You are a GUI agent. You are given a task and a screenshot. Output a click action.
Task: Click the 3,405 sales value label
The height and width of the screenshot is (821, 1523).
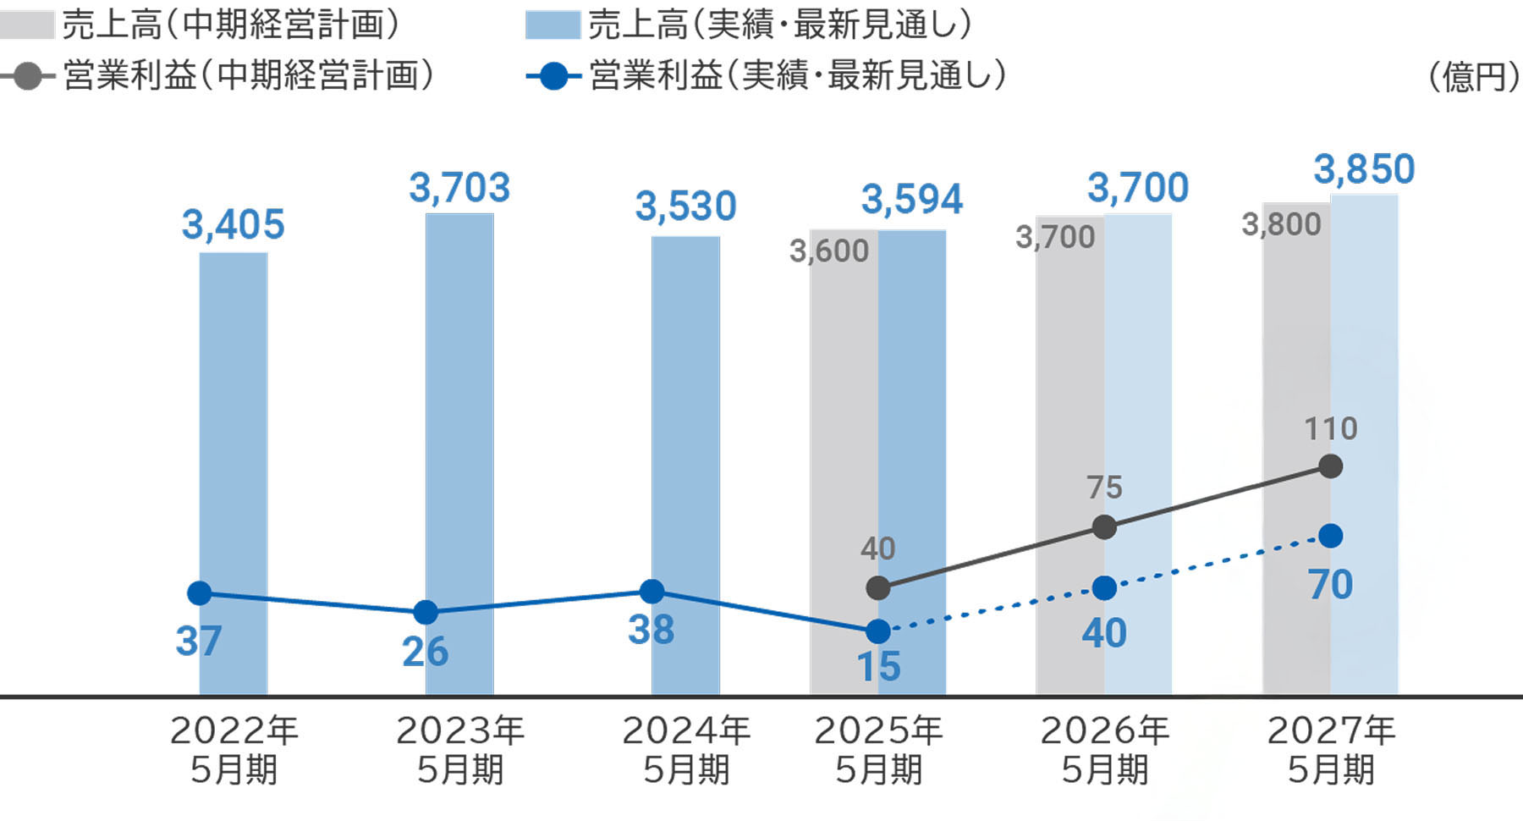click(x=233, y=225)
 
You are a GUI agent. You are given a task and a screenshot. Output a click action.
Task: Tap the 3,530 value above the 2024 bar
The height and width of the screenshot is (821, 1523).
click(x=685, y=207)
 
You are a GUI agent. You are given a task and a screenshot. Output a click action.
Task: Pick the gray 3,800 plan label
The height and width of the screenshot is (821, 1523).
click(x=1281, y=225)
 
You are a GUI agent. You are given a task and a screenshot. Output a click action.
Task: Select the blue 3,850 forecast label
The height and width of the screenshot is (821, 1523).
click(x=1364, y=169)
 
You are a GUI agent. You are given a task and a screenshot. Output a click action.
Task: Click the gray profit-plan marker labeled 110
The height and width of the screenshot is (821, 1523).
click(x=1331, y=466)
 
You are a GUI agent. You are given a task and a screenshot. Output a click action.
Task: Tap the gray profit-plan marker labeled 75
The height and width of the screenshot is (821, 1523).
click(x=1104, y=527)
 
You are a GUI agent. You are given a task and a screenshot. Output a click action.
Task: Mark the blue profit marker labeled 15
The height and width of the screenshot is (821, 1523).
click(x=878, y=631)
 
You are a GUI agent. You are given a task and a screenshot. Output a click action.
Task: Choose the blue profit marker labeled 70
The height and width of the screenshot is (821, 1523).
click(x=1331, y=536)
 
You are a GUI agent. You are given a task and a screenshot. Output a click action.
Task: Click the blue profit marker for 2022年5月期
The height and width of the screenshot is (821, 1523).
click(x=200, y=593)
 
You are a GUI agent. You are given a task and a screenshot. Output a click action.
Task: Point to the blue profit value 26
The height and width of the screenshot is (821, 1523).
click(x=425, y=652)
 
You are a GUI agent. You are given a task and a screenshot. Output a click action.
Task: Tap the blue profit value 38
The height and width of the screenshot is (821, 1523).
click(x=651, y=630)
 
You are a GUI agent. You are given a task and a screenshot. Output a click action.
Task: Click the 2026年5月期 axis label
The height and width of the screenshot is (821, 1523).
click(x=1104, y=750)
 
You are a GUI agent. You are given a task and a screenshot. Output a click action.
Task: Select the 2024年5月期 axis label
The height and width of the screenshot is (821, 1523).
click(x=685, y=750)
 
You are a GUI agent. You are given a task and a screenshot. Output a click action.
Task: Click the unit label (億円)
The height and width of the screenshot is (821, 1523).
click(x=1473, y=77)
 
